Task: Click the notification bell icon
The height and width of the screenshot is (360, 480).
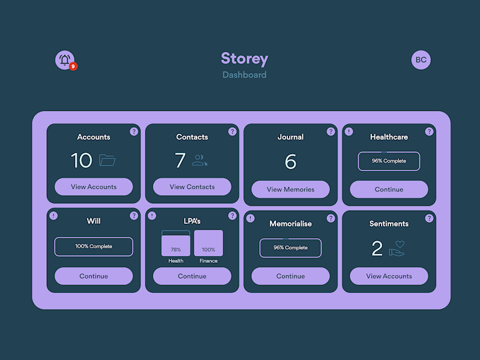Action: coord(65,60)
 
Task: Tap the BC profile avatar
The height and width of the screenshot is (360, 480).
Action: coord(421,60)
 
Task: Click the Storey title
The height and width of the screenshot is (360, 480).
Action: coord(244,58)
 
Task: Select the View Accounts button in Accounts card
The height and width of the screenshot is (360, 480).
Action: coord(94,187)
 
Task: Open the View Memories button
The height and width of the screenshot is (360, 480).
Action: coord(290,189)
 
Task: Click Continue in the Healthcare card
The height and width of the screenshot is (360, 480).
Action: coord(389,189)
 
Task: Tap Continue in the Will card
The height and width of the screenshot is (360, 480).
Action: coord(94,276)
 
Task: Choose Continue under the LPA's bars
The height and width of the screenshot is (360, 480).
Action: coord(192,276)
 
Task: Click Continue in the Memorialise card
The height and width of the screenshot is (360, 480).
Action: coord(290,276)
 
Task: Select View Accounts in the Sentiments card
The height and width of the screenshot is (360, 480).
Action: coord(389,276)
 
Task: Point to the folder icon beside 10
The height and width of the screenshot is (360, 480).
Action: coord(107,160)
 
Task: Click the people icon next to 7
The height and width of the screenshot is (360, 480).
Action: coord(199,160)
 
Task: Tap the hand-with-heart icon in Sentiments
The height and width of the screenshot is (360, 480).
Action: coord(397,248)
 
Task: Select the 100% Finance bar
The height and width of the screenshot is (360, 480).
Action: coord(208,244)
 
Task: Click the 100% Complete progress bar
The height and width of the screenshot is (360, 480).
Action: coord(94,247)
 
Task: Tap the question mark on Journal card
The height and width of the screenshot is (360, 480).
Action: coord(331,131)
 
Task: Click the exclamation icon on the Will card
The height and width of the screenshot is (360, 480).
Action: coord(53,215)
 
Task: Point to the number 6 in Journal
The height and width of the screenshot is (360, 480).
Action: coord(290,161)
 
